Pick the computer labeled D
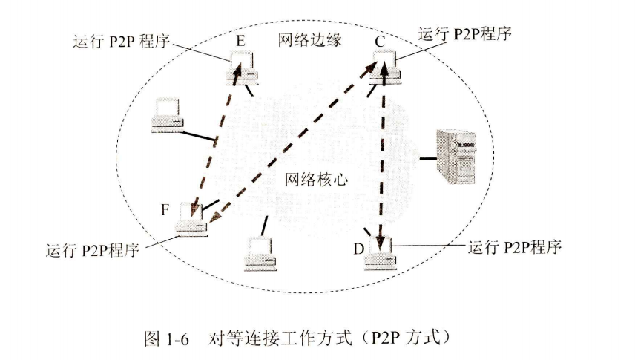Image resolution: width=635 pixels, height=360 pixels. [x=382, y=255]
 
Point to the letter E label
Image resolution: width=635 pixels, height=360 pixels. [x=240, y=42]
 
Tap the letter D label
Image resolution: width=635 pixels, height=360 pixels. [x=359, y=248]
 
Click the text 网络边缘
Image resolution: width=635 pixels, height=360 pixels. [x=309, y=41]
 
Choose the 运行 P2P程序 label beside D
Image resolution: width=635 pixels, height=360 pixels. [x=516, y=246]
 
